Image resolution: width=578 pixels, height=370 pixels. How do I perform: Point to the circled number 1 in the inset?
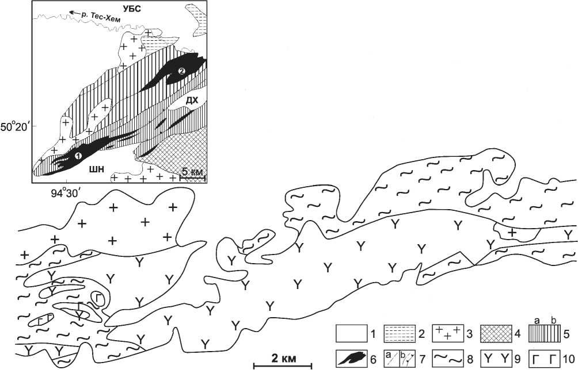(x=78, y=155)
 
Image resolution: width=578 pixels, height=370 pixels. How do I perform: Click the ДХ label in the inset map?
(x=192, y=101)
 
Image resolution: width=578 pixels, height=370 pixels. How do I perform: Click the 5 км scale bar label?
(x=192, y=172)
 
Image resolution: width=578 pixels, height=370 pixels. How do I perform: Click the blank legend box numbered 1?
(x=351, y=333)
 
